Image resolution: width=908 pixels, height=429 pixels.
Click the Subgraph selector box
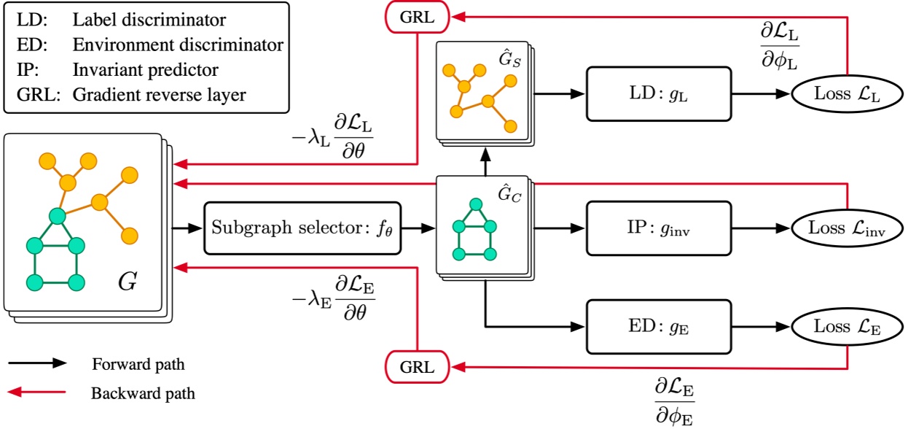pos(302,228)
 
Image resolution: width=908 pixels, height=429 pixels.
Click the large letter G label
pos(127,282)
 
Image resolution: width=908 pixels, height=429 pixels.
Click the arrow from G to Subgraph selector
pos(187,228)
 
